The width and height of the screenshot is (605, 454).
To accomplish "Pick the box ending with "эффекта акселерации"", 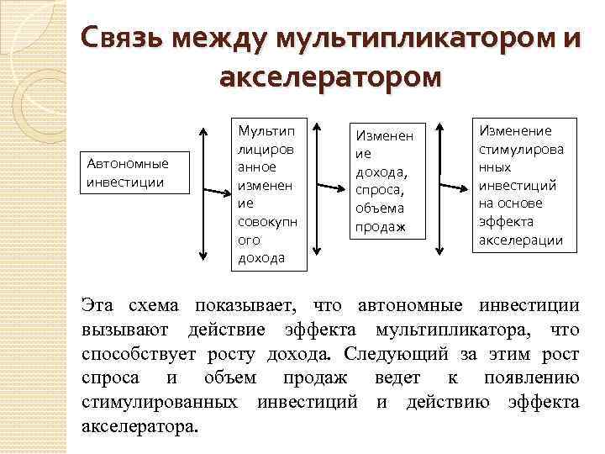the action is [522, 185].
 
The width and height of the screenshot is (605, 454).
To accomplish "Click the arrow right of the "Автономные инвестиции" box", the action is [202, 193].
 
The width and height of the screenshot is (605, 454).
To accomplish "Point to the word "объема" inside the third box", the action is [380, 208].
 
